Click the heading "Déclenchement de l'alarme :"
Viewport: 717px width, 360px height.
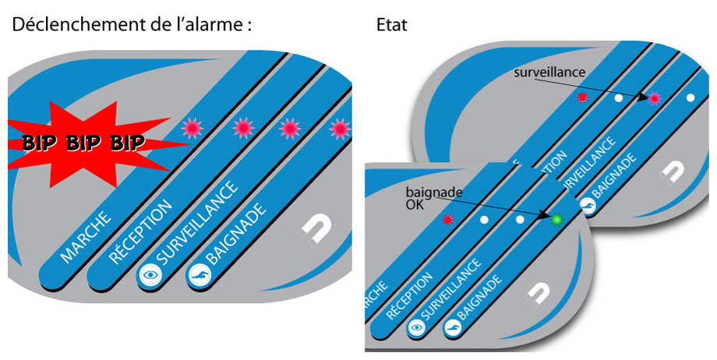pyautogui.click(x=132, y=25)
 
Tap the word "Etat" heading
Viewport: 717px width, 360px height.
pyautogui.click(x=391, y=26)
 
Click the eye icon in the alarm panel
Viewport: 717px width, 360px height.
pyautogui.click(x=147, y=274)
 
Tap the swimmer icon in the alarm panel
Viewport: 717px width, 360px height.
pyautogui.click(x=198, y=275)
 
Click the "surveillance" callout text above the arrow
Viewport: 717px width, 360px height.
pyautogui.click(x=549, y=72)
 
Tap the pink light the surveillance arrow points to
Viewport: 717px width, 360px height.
pyautogui.click(x=655, y=98)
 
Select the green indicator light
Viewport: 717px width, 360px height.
pyautogui.click(x=556, y=221)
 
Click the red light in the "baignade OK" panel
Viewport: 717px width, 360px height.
pyautogui.click(x=447, y=221)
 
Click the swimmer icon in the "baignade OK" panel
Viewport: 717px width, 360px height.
pyautogui.click(x=452, y=330)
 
